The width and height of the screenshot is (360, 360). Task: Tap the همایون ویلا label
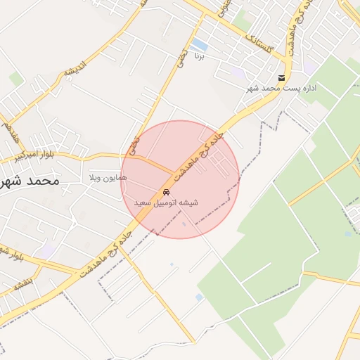pos(108,178)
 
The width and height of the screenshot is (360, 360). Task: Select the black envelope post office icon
pos(281,77)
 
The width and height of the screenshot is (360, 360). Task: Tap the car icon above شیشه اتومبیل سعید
pos(166,192)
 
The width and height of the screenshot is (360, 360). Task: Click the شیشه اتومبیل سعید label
pos(167,202)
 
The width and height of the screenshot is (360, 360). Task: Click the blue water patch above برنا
pos(200,44)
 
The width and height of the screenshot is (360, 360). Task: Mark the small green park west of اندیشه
pos(16,79)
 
